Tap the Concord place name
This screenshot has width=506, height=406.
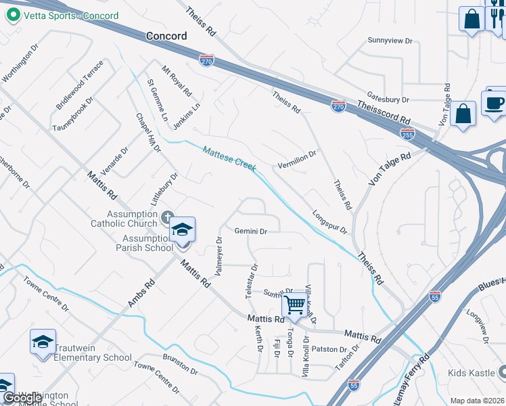pos(166,36)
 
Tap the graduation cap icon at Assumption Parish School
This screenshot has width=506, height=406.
pos(182,231)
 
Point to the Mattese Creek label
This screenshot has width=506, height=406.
pos(229,158)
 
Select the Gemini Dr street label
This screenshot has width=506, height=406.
pos(252,231)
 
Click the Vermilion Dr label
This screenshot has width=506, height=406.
pos(297,160)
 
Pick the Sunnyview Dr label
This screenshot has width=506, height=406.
pos(390,41)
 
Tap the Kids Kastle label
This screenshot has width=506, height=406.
pos(471,373)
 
